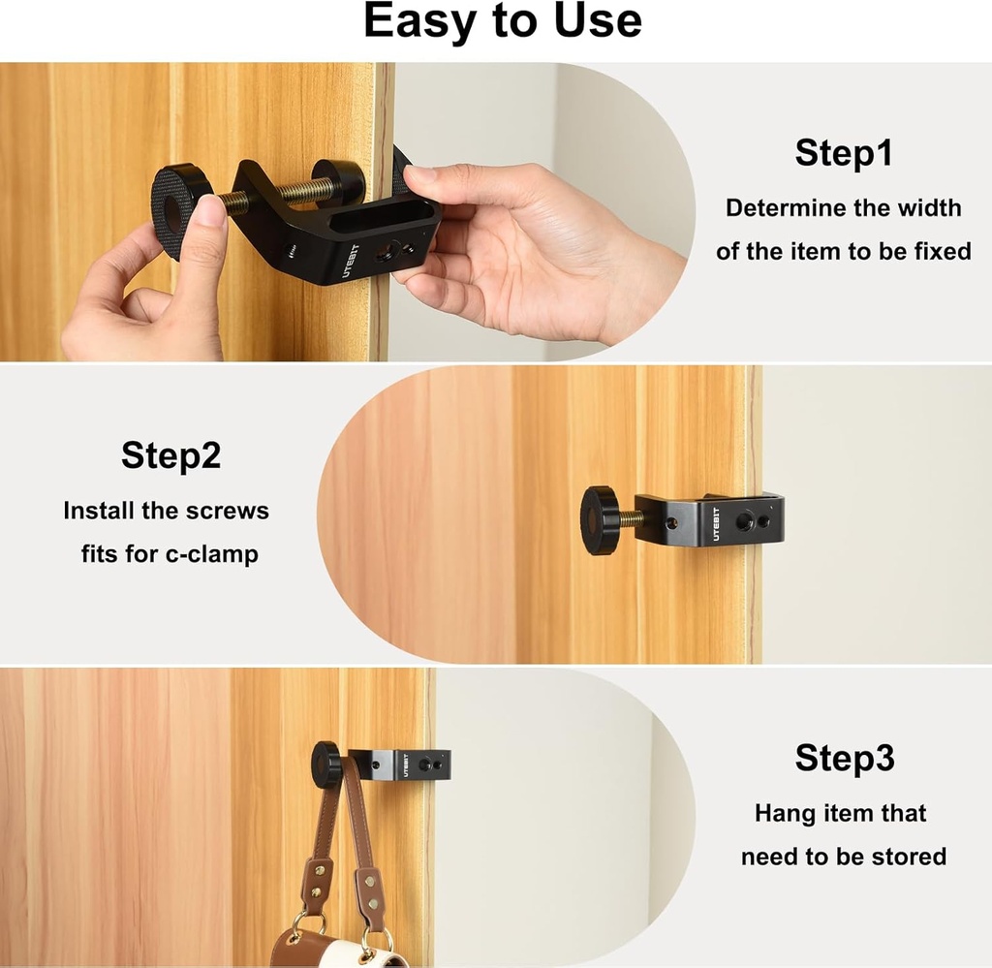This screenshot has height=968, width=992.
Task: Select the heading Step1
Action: [843, 153]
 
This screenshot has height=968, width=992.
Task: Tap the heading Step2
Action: [170, 454]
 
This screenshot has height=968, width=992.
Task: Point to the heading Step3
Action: [844, 758]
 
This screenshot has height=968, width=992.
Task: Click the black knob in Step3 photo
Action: [325, 765]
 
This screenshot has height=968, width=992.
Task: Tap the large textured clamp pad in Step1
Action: [180, 207]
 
